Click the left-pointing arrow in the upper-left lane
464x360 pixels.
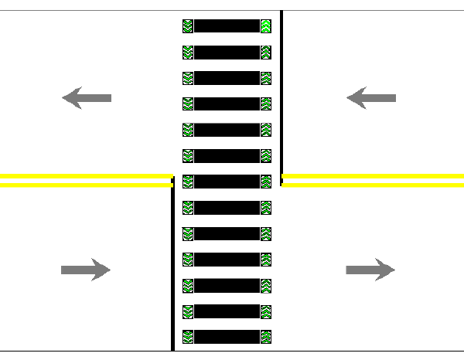coord(86,98)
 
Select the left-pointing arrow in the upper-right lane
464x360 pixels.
coord(370,98)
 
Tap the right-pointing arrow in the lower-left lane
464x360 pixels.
coord(86,270)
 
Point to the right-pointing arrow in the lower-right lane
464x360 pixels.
coord(370,270)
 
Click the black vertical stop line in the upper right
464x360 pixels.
coord(281,93)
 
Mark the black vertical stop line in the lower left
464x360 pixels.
coord(172,267)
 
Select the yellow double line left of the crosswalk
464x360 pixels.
coord(85,181)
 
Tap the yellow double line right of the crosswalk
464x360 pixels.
coord(373,181)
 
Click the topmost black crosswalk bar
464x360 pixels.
coord(227,26)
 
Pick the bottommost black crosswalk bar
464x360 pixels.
coord(227,337)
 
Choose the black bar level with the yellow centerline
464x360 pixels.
coord(227,182)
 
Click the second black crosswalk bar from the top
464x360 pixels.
coord(227,52)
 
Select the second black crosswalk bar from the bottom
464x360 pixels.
coord(227,311)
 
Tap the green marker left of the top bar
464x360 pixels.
coord(187,26)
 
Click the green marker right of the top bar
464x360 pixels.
coord(266,26)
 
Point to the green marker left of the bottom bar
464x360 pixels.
coord(187,337)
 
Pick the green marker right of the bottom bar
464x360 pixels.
coord(266,337)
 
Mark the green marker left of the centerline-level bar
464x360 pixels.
coord(187,182)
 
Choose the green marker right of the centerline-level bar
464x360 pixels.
coord(266,182)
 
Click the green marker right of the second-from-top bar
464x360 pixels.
coord(266,52)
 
